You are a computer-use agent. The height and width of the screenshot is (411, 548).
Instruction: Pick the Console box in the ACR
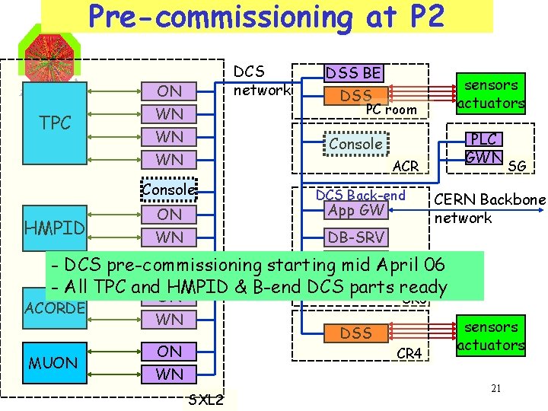tap(355, 144)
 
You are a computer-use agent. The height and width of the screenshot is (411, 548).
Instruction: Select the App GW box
tap(355, 211)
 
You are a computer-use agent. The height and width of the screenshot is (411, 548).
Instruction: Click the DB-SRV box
tap(355, 237)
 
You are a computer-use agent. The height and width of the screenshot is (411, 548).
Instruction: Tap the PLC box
tap(484, 139)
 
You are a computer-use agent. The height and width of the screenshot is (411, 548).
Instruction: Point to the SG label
tap(516, 165)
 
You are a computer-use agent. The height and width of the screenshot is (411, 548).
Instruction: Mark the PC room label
tap(391, 110)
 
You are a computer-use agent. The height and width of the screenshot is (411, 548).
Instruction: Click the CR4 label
tap(409, 353)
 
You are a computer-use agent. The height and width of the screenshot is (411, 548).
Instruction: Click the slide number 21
tap(495, 390)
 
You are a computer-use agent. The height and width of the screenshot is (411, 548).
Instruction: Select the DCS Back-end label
tap(360, 195)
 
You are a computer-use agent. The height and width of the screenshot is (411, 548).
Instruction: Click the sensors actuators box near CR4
tap(491, 336)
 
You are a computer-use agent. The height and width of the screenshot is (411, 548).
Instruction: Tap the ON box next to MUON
tap(169, 351)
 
